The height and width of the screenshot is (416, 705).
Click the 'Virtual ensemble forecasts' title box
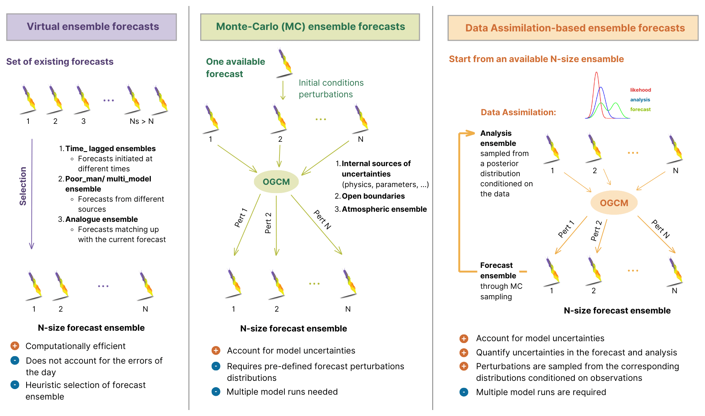92,27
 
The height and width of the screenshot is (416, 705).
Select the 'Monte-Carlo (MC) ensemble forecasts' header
310,27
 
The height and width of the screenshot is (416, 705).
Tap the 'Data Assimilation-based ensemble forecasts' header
573,28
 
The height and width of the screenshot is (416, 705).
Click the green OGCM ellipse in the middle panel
276,182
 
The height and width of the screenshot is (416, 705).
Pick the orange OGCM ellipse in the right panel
614,203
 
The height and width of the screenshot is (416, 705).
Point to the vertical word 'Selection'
23,186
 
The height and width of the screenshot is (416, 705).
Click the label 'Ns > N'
141,121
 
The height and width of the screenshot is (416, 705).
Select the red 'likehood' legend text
640,90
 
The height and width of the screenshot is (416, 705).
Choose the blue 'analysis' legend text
640,100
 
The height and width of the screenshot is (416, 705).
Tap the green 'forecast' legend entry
640,109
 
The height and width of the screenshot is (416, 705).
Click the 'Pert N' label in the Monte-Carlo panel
322,220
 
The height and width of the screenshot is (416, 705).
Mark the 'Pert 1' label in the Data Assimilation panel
566,229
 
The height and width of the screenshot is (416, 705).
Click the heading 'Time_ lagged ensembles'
110,149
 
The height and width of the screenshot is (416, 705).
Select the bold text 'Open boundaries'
373,196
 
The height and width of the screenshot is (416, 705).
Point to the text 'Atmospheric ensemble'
384,209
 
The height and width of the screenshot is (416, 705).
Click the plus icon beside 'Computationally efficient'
15,346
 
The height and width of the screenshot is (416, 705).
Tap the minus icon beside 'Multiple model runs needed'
216,392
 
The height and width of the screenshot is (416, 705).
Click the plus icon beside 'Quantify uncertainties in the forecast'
464,352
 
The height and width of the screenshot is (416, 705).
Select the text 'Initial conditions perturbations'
331,89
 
